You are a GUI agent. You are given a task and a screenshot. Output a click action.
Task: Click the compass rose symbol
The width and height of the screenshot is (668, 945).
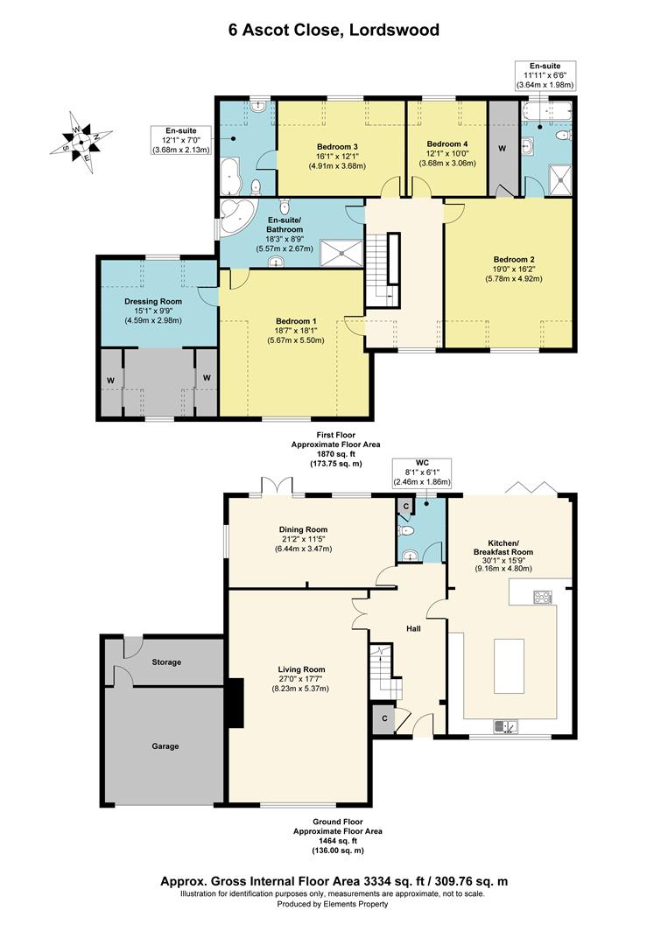click(81, 143)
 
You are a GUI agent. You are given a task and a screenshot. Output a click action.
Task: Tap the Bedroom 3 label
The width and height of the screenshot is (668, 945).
click(338, 147)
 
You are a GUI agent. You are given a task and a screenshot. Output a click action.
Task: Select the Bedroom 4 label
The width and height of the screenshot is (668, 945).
click(447, 144)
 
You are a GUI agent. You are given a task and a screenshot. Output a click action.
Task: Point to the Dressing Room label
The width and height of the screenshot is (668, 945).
click(153, 301)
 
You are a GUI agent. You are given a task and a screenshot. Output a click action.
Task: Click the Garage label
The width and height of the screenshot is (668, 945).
click(165, 746)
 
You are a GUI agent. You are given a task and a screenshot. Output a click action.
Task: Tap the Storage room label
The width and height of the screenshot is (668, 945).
click(166, 661)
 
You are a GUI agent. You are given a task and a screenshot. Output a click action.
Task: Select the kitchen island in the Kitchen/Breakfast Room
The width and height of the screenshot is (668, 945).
click(509, 667)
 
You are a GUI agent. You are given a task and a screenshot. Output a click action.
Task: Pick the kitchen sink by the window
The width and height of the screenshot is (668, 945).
click(505, 727)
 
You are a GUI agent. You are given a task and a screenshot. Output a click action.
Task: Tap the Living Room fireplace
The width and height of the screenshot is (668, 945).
click(236, 702)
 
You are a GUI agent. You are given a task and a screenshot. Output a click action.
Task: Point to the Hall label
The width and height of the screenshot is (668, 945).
click(413, 628)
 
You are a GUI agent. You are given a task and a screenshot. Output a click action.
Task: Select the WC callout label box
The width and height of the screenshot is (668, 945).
click(421, 472)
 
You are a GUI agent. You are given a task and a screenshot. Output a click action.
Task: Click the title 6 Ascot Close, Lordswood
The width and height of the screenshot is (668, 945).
click(334, 30)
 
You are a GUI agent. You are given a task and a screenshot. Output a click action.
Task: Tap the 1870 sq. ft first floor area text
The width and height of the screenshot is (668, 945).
click(336, 454)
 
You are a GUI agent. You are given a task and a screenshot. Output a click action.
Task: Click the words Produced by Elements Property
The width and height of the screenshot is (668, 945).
click(333, 904)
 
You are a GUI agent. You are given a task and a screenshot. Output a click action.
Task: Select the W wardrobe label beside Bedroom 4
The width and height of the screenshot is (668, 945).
click(503, 148)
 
